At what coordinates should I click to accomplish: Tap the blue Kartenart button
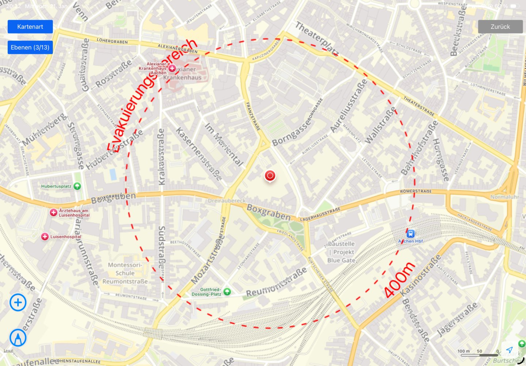[x=30, y=27]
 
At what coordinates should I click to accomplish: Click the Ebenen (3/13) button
[x=30, y=48]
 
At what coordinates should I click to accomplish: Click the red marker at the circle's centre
[x=270, y=176]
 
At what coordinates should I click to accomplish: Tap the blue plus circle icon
[x=18, y=302]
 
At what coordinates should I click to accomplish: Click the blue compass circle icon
[x=18, y=337]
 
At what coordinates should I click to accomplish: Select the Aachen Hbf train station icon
[x=411, y=233]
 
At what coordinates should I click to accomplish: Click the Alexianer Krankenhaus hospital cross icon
[x=172, y=68]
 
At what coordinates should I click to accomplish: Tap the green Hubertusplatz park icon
[x=77, y=186]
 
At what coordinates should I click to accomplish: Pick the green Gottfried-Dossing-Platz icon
[x=227, y=291]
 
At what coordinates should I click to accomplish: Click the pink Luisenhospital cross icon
[x=45, y=237]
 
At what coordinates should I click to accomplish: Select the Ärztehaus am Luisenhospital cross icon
[x=54, y=212]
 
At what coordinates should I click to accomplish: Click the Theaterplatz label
[x=316, y=38]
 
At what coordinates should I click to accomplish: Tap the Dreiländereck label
[x=227, y=201]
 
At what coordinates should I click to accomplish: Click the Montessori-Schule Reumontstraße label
[x=125, y=273]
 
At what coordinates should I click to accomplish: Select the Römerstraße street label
[x=416, y=191]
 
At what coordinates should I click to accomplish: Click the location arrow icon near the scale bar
[x=509, y=350]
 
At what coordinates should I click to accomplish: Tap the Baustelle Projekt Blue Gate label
[x=342, y=252]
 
